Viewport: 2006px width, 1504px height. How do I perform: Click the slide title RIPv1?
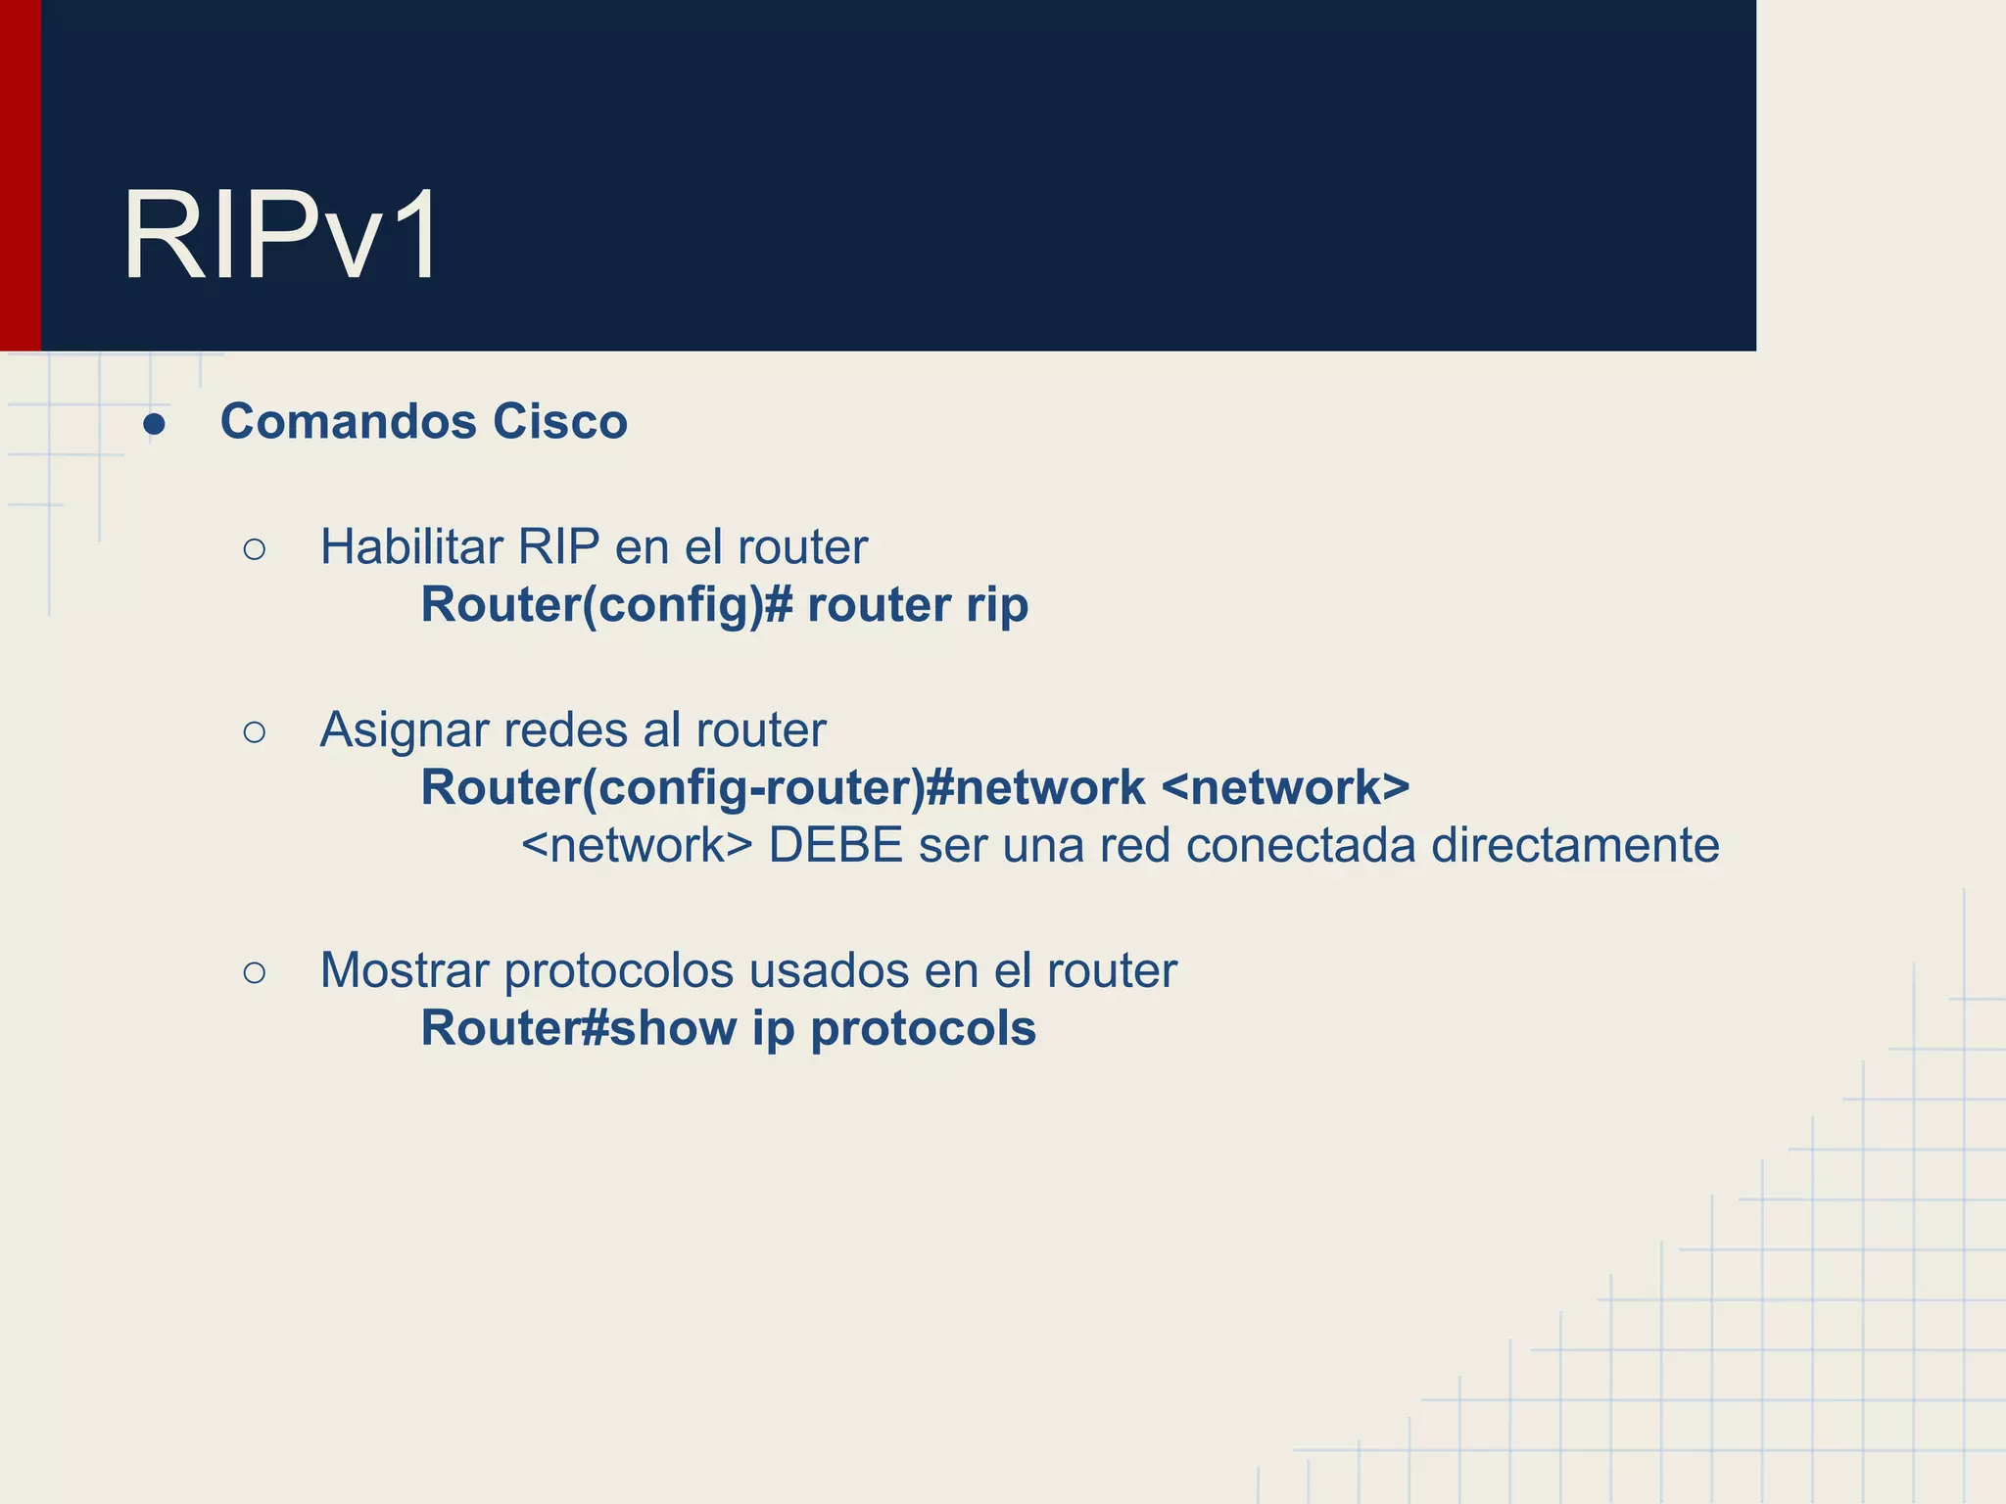click(281, 237)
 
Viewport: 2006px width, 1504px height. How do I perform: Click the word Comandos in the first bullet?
click(348, 422)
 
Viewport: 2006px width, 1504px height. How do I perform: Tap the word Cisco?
click(559, 422)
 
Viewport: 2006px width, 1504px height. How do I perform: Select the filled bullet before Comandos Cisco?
click(154, 425)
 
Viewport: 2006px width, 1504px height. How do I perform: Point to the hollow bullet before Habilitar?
click(254, 550)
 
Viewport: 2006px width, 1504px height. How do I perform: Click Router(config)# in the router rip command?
click(606, 605)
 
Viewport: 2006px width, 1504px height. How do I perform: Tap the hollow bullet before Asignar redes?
click(254, 732)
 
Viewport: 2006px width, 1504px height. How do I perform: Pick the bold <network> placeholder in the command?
click(1285, 788)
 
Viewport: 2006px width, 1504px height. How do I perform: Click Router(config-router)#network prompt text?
click(783, 788)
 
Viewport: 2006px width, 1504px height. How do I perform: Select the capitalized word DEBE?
click(835, 845)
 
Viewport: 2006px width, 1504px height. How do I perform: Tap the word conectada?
click(1301, 845)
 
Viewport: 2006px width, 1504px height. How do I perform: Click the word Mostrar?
click(405, 971)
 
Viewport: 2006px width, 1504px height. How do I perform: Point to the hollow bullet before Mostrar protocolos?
click(254, 973)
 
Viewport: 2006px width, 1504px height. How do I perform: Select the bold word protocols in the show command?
click(923, 1029)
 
